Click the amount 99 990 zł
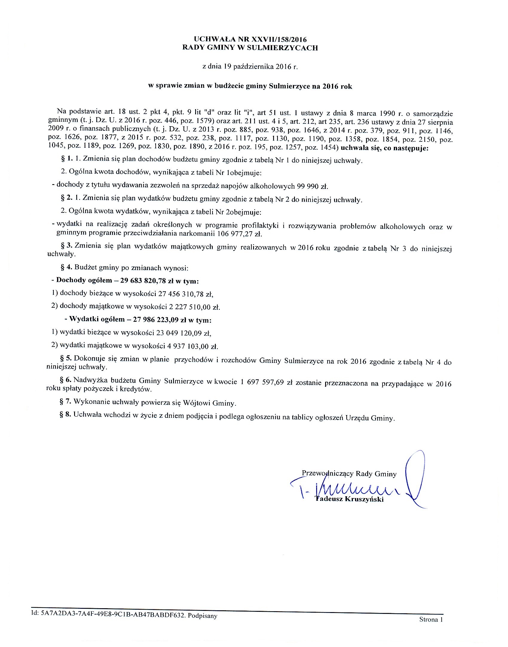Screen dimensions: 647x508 coord(312,187)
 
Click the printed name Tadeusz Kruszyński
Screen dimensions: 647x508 coord(349,499)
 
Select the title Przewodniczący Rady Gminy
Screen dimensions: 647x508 coord(349,474)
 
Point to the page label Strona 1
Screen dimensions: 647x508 coord(430,619)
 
